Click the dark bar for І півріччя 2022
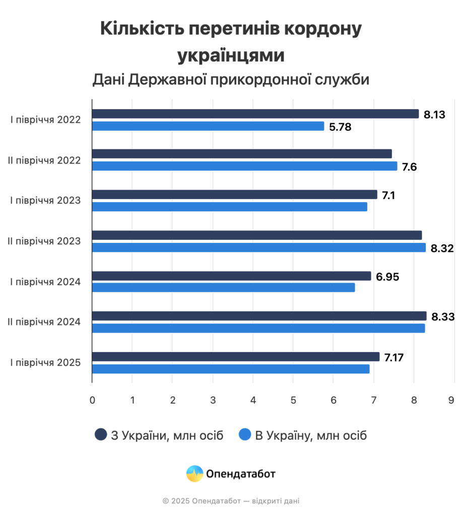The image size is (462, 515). pyautogui.click(x=255, y=114)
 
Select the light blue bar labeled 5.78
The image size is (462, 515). pyautogui.click(x=208, y=126)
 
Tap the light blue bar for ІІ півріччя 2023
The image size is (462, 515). pyautogui.click(x=259, y=247)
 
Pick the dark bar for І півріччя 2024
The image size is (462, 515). pyautogui.click(x=231, y=276)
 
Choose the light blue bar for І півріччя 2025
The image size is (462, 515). pyautogui.click(x=231, y=369)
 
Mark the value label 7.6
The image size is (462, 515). pyautogui.click(x=410, y=166)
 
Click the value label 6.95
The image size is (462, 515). pyautogui.click(x=387, y=276)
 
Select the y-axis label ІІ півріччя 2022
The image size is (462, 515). pyautogui.click(x=44, y=160)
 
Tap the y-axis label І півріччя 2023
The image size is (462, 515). pyautogui.click(x=46, y=201)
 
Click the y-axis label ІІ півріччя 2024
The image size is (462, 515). pyautogui.click(x=44, y=322)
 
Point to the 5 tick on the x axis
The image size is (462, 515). pyautogui.click(x=293, y=400)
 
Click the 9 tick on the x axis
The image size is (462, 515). pyautogui.click(x=454, y=400)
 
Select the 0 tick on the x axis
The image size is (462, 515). pyautogui.click(x=92, y=400)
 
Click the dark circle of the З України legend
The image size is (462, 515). pyautogui.click(x=101, y=435)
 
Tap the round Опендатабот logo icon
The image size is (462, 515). pyautogui.click(x=194, y=474)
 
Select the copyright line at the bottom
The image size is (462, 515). pyautogui.click(x=231, y=501)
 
